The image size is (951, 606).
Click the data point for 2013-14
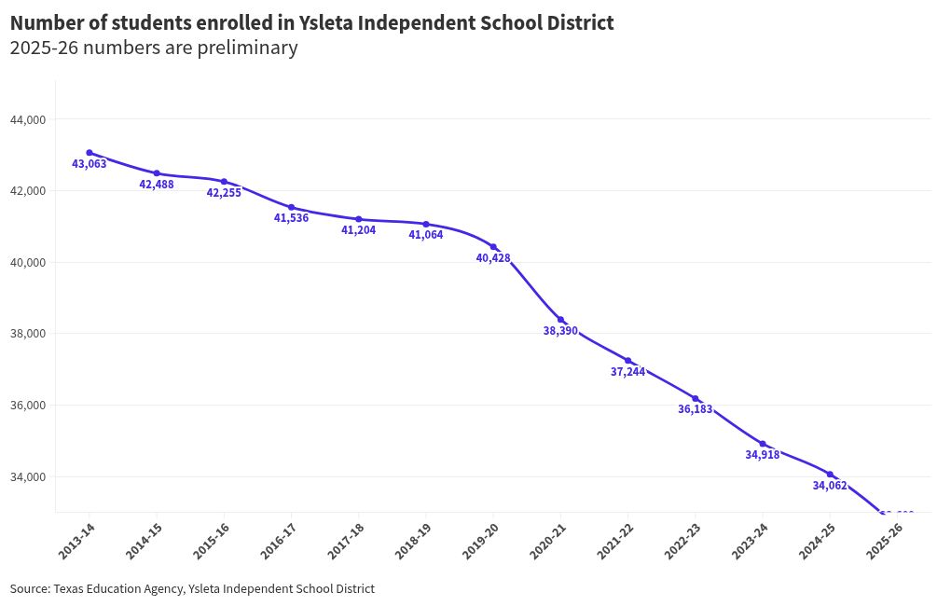90,153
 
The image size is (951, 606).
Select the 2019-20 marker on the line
493,247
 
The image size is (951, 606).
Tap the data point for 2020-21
561,320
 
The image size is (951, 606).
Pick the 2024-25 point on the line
830,475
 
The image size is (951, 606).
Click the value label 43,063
90,164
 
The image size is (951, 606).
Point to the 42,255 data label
224,193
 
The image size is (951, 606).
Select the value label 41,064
426,235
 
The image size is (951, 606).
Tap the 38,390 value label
560,331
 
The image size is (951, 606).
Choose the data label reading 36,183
696,409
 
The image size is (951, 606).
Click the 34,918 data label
763,455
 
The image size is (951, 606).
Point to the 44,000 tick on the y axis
27,119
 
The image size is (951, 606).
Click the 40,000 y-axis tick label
27,262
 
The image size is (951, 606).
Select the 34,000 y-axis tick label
27,476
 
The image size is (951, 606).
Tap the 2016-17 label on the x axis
279,541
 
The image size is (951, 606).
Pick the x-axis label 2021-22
615,541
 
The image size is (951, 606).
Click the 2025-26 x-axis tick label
884,541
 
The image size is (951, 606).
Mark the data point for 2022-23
696,399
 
